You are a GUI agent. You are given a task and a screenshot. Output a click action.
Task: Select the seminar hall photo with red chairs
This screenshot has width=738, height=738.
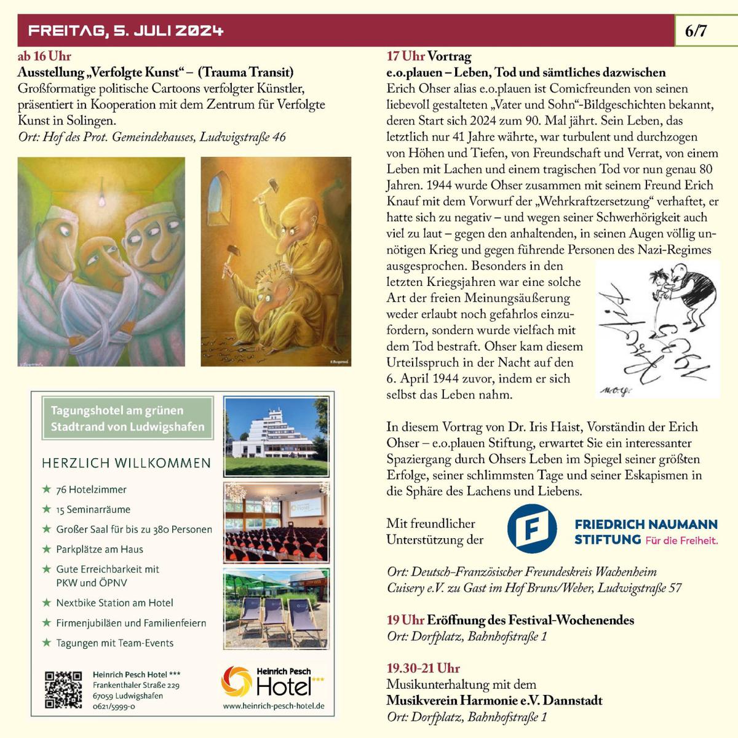(x=276, y=523)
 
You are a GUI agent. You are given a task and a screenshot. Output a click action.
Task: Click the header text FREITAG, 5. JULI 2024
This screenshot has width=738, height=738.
(x=126, y=31)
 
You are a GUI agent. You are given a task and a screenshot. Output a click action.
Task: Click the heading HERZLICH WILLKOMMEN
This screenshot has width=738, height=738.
(x=126, y=463)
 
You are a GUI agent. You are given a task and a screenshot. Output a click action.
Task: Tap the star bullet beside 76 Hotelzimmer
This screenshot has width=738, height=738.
(x=47, y=490)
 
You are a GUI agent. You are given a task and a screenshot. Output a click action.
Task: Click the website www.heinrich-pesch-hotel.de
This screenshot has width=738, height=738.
(x=274, y=706)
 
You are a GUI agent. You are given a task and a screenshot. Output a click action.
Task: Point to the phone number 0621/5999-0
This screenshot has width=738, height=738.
(x=114, y=707)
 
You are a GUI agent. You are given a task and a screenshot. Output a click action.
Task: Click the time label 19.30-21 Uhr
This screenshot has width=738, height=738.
(x=423, y=669)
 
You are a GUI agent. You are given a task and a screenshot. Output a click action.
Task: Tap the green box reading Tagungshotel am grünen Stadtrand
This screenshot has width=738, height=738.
(x=127, y=418)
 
